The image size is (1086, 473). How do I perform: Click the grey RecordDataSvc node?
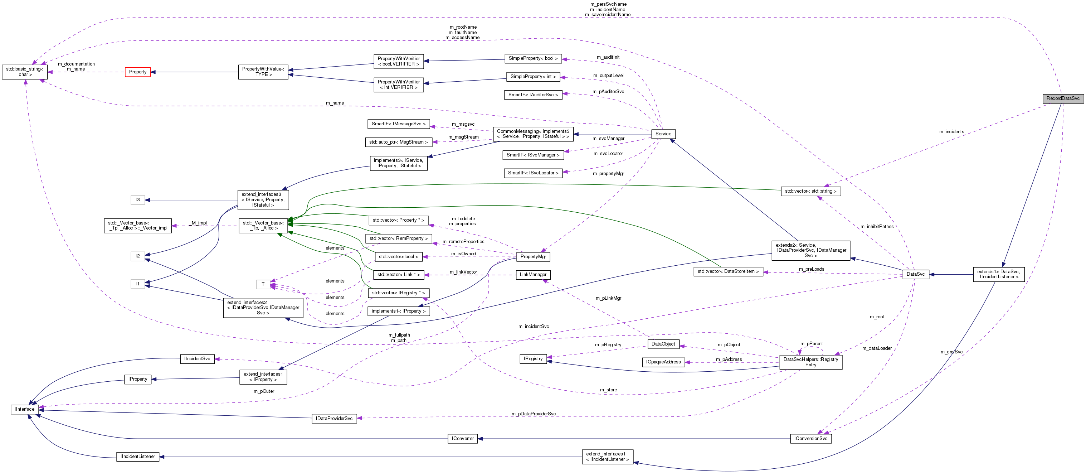coord(1063,98)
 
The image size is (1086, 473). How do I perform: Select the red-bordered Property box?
coord(138,72)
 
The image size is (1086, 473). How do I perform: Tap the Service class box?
coord(663,134)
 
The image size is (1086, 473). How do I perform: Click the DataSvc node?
coord(915,274)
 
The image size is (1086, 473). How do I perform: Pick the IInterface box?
coord(24,409)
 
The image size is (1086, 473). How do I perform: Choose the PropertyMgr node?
coord(533,256)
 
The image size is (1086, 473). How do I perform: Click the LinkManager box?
coord(533,275)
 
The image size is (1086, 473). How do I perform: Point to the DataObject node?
coord(663,344)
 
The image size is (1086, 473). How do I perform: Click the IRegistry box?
coord(533,359)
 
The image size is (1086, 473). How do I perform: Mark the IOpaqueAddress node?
coord(663,362)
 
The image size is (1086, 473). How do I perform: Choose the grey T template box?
coord(263,284)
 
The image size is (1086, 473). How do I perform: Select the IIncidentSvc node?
coord(197,359)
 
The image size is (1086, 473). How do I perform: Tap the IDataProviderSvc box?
coord(334,419)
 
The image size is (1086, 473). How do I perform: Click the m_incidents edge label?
coord(951,132)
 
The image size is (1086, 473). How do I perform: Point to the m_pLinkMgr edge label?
coord(608,298)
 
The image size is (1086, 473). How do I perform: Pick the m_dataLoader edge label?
coord(877,348)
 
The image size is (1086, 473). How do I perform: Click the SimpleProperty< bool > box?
coord(533,59)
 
